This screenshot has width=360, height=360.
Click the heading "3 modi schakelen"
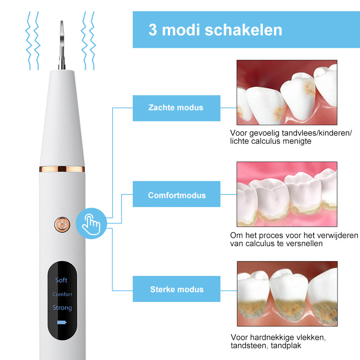(x=215, y=30)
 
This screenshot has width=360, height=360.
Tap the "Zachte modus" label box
(x=176, y=108)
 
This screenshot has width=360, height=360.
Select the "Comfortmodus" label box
(x=176, y=195)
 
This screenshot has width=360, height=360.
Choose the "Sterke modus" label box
(x=176, y=289)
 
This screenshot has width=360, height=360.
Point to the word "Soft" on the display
(x=61, y=280)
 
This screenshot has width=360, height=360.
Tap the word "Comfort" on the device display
(x=62, y=294)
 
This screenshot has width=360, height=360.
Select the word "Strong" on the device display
(x=62, y=308)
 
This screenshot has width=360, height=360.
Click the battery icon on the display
(x=62, y=323)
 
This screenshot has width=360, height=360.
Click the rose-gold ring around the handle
(x=62, y=169)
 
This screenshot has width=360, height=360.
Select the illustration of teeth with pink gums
(x=287, y=194)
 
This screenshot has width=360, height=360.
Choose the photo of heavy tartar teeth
(x=287, y=293)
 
